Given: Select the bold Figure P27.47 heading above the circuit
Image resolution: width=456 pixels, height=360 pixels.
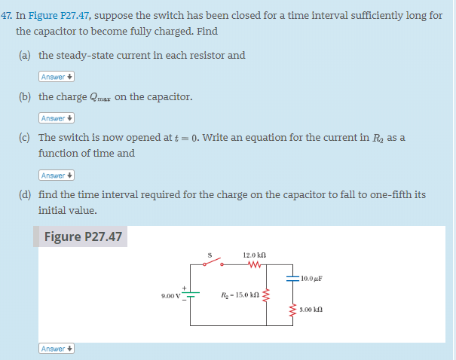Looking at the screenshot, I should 83,236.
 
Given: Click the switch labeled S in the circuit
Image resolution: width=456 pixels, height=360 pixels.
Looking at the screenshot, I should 212,264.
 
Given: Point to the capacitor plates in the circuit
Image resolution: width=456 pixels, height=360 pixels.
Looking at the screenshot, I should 293,278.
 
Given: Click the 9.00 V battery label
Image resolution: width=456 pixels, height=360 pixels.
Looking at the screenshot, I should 171,296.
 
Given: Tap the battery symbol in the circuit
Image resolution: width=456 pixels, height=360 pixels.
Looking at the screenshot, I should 191,294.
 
